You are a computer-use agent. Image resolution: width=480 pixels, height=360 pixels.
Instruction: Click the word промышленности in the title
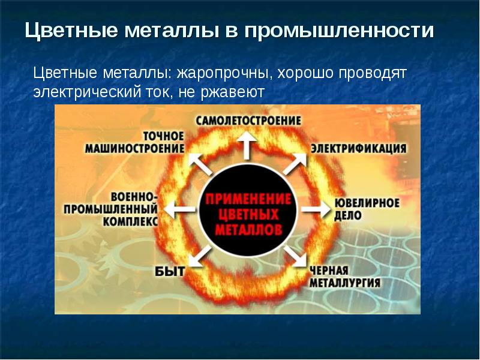[x=339, y=31]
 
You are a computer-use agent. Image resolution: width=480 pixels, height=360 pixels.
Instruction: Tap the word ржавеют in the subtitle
[x=232, y=92]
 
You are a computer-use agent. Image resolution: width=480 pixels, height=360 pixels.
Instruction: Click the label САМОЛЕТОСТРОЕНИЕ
[x=248, y=121]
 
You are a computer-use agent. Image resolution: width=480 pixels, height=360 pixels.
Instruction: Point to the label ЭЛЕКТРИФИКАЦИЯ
[x=358, y=148]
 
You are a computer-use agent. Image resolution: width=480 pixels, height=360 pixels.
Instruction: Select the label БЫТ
[x=170, y=271]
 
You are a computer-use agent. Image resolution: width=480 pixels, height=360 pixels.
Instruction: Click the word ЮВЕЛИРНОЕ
[x=367, y=203]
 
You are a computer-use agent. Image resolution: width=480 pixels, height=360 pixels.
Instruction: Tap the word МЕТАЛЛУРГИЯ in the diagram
[x=345, y=283]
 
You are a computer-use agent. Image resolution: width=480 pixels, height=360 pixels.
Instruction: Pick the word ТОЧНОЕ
[x=164, y=136]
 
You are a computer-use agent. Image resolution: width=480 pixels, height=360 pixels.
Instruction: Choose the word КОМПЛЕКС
[x=130, y=221]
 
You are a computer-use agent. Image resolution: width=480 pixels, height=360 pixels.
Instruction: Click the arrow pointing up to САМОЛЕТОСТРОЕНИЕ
[x=247, y=146]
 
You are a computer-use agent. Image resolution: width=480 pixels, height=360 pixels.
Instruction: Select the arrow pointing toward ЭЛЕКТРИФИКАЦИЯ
[x=295, y=163]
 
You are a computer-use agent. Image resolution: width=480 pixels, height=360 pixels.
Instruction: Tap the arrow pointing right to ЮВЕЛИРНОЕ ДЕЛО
[x=316, y=209]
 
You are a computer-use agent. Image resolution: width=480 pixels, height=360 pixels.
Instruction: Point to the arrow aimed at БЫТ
[x=200, y=256]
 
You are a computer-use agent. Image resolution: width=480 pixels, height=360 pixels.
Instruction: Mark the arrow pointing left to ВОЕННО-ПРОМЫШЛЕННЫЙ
[x=179, y=209]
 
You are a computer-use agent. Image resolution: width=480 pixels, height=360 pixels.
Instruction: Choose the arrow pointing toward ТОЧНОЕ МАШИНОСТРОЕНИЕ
[x=200, y=164]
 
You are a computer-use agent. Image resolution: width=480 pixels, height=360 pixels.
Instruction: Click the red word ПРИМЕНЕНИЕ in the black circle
[x=248, y=200]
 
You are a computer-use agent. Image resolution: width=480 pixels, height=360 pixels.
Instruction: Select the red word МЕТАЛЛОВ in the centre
[x=248, y=229]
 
